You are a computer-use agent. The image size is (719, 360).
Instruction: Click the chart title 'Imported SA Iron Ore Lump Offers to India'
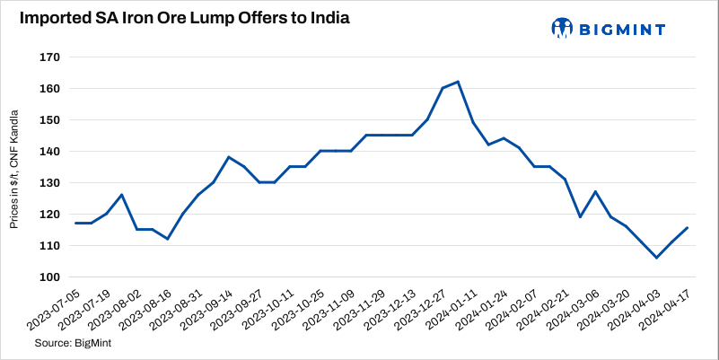180,18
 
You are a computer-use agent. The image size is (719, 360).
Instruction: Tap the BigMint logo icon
562,28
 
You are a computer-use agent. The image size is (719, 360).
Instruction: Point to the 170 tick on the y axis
50,57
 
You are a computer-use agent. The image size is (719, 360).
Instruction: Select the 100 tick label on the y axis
50,277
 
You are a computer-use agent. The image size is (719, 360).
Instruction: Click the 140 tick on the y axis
50,152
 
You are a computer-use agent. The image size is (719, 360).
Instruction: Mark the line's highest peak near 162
458,82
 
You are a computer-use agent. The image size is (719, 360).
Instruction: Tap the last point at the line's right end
688,227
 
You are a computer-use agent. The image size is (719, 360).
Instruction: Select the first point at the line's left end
75,223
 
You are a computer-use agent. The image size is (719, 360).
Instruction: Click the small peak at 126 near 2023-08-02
121,195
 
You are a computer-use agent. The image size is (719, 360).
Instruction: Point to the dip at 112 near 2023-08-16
167,239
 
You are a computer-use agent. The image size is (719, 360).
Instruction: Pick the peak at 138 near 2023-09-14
228,157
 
